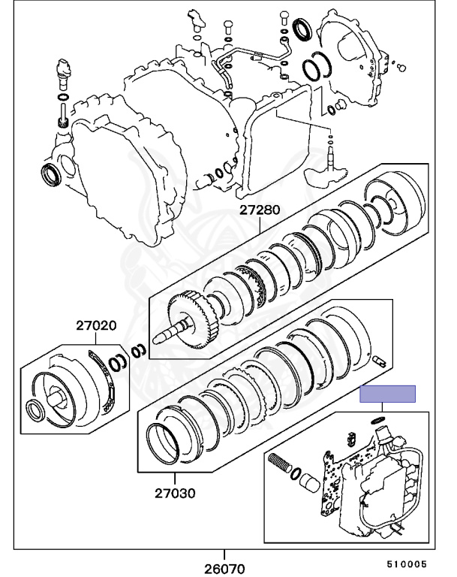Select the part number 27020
point(95,326)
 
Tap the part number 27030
point(175,494)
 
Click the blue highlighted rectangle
point(387,394)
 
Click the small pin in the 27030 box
point(378,361)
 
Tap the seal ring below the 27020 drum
point(35,410)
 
